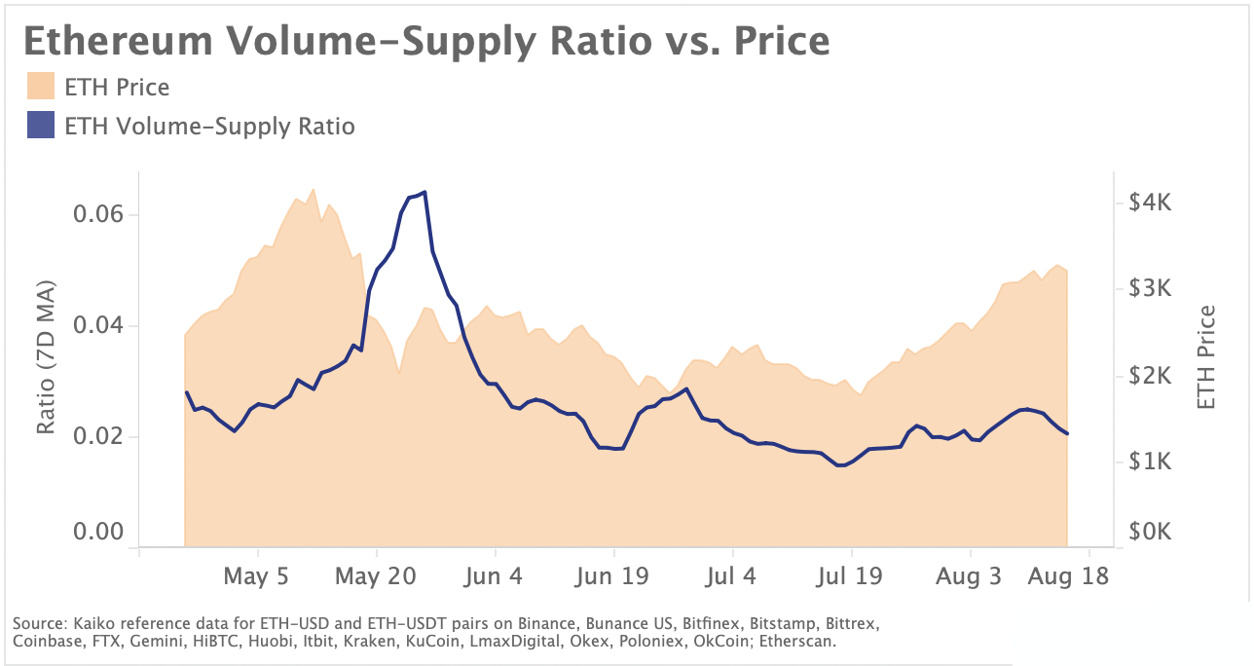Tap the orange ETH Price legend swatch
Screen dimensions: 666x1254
[41, 87]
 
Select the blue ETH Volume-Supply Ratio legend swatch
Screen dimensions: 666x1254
[41, 127]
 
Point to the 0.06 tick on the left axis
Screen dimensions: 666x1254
[100, 214]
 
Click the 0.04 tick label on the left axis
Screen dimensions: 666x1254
[100, 325]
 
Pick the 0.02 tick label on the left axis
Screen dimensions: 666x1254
[100, 435]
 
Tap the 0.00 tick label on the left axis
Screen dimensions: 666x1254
[100, 532]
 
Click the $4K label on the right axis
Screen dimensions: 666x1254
[1153, 203]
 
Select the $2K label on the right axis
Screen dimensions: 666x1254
[1153, 376]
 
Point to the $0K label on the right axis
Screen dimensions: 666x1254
[1153, 533]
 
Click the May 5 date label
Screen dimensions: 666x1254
[256, 576]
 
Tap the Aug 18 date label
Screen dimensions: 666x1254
[1069, 576]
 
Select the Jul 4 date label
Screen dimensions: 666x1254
[731, 576]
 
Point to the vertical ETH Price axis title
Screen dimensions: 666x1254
[1207, 357]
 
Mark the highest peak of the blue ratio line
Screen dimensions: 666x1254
[424, 192]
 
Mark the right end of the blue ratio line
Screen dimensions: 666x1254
[1068, 433]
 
